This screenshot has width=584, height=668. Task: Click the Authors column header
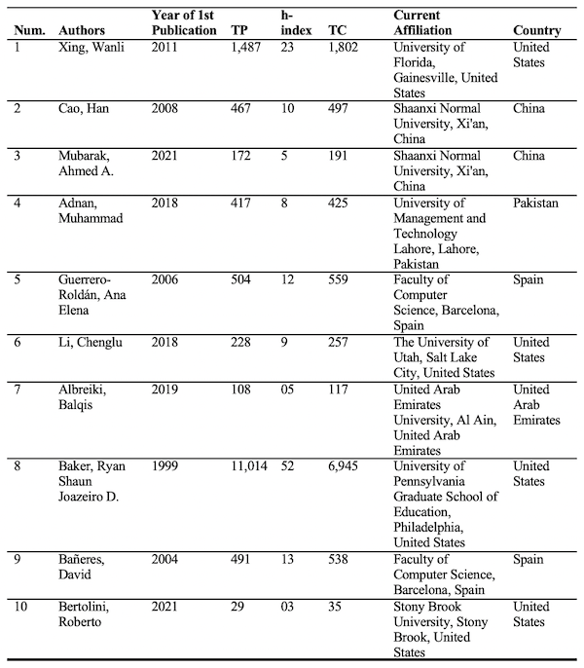pyautogui.click(x=82, y=29)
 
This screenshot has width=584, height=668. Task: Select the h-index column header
pyautogui.click(x=296, y=22)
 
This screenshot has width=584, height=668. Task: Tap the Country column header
pyautogui.click(x=536, y=29)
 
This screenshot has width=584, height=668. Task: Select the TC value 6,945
pyautogui.click(x=345, y=467)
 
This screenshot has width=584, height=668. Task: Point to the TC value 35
pyautogui.click(x=335, y=607)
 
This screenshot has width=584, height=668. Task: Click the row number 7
pyautogui.click(x=18, y=390)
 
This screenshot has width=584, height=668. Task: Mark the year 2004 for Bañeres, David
pyautogui.click(x=167, y=560)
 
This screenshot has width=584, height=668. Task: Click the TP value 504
pyautogui.click(x=243, y=280)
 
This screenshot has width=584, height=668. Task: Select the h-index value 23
pyautogui.click(x=287, y=47)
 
